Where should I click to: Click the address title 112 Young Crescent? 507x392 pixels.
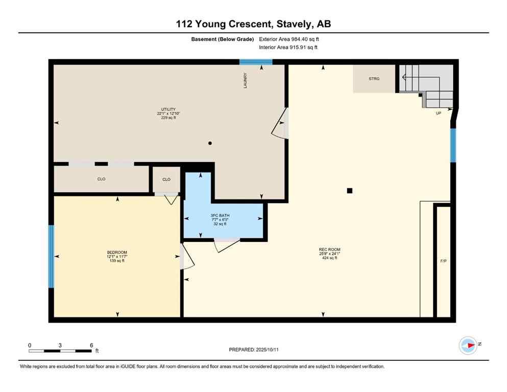[253, 24]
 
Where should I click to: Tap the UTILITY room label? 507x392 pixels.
[168, 109]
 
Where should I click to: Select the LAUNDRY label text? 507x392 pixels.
[245, 81]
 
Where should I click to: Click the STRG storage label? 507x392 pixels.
[374, 79]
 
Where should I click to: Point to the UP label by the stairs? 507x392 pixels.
[438, 113]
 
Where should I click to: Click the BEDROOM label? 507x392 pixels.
[117, 253]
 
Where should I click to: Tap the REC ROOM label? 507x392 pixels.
[329, 250]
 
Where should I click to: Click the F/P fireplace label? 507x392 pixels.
[443, 261]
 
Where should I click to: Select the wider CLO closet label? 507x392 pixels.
[101, 179]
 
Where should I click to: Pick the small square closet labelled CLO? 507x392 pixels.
[166, 179]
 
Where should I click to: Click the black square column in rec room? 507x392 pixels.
[350, 191]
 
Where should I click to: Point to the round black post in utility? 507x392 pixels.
[210, 143]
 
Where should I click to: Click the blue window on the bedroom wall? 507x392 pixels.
[51, 256]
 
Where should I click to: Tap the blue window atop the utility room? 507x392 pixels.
[256, 62]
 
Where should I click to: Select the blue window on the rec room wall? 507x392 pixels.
[453, 145]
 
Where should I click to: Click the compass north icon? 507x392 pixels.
[468, 346]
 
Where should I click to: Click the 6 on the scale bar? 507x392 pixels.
[91, 345]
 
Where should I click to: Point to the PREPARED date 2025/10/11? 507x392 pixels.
[254, 350]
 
